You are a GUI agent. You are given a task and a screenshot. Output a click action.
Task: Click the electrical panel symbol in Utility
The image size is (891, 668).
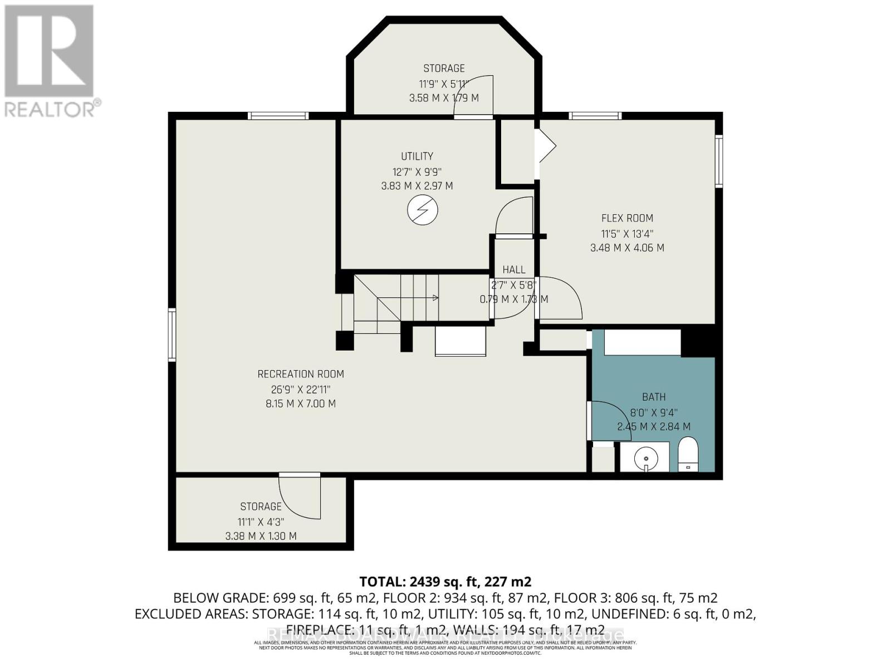(422, 210)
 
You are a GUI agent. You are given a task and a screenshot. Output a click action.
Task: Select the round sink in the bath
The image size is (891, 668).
(645, 458)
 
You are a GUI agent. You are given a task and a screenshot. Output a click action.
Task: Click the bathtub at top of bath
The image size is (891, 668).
(642, 342)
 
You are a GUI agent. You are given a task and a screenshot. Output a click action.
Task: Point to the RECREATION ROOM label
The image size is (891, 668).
(301, 374)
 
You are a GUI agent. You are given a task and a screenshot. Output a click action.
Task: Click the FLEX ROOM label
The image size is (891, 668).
(627, 218)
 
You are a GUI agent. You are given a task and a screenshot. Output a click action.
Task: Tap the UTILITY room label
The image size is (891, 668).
(417, 156)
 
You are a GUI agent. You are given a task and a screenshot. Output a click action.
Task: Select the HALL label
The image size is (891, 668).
(513, 270)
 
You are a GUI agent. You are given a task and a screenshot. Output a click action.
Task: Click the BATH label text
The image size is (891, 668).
(654, 397)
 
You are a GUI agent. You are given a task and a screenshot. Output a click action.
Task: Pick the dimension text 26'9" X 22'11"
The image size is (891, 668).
(301, 389)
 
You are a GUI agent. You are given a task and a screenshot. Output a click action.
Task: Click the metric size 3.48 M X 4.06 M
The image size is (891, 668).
(627, 248)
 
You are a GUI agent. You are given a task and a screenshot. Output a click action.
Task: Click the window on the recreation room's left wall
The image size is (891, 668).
(172, 335)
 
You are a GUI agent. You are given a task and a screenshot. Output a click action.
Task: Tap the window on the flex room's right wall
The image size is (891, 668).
(719, 161)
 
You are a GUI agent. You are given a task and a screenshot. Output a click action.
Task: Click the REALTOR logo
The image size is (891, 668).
(50, 61)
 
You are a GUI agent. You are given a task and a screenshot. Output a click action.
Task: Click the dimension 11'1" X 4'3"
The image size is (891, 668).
(261, 522)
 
